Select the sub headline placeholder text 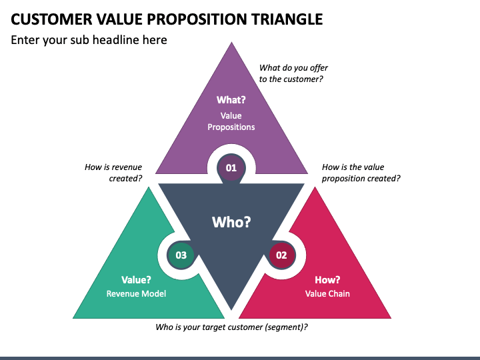(x=89, y=40)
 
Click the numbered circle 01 (x=231, y=168)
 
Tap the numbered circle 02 (x=281, y=255)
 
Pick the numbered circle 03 (x=181, y=255)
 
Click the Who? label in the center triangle (x=231, y=221)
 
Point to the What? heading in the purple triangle (x=231, y=100)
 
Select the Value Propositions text (x=231, y=121)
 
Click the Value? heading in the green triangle (x=136, y=280)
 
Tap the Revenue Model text (x=136, y=293)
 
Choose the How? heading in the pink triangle (x=327, y=280)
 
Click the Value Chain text (x=327, y=293)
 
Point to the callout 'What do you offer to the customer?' (x=293, y=73)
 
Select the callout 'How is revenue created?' (x=113, y=173)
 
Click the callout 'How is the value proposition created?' (x=361, y=173)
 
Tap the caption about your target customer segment (x=231, y=327)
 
